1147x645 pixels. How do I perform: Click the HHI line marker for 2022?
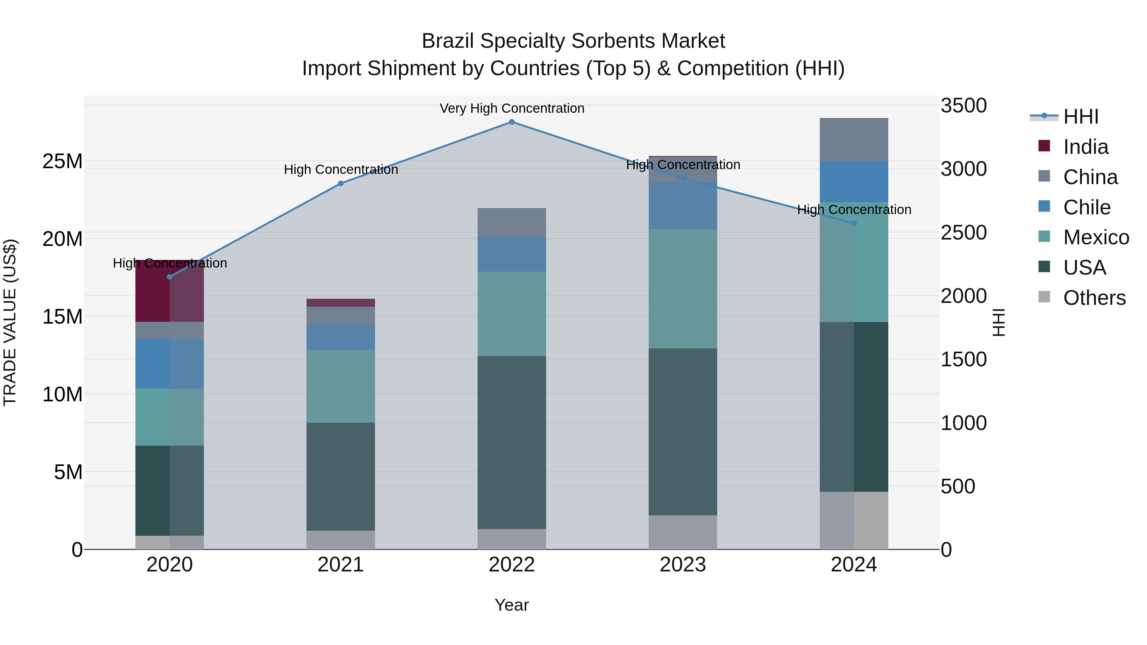click(x=512, y=122)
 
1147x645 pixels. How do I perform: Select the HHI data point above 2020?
click(x=170, y=277)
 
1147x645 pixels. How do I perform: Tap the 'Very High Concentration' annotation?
click(x=512, y=109)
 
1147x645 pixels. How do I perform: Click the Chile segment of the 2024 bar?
click(x=854, y=182)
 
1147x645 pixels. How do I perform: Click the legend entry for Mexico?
click(x=1095, y=237)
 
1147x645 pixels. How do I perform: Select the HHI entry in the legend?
click(x=1080, y=117)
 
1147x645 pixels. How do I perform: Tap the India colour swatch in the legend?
click(x=1044, y=146)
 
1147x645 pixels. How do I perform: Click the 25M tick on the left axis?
click(x=62, y=161)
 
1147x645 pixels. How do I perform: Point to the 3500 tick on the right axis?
click(x=963, y=106)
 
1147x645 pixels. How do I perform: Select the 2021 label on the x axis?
click(x=341, y=565)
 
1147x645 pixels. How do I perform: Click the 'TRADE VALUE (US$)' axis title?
click(x=10, y=322)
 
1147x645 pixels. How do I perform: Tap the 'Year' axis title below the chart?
click(x=512, y=605)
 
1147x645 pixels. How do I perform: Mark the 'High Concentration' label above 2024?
click(x=854, y=210)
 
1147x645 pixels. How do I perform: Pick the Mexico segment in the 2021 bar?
click(x=341, y=386)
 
